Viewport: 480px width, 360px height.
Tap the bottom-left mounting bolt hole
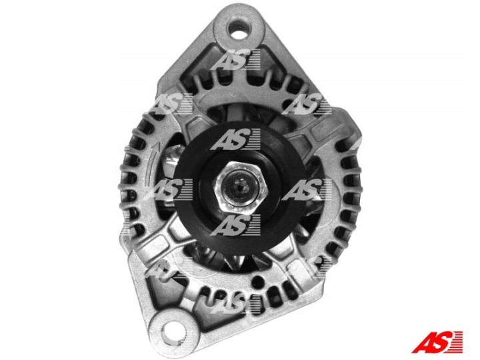click(175, 330)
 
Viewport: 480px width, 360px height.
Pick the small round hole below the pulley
click(259, 279)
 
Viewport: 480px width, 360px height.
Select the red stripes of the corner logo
click(456, 341)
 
